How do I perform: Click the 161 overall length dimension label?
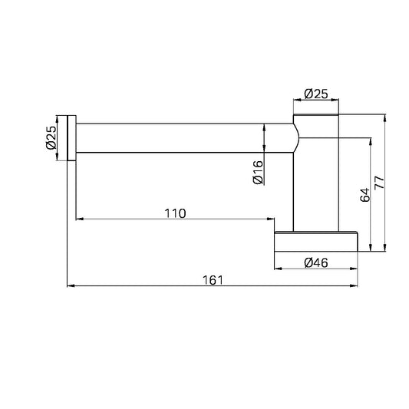pyautogui.click(x=213, y=280)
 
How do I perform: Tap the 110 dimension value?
pyautogui.click(x=175, y=213)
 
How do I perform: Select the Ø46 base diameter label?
pyautogui.click(x=316, y=262)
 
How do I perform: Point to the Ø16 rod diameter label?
pyautogui.click(x=259, y=172)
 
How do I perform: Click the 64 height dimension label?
pyautogui.click(x=365, y=195)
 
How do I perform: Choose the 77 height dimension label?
pyautogui.click(x=379, y=183)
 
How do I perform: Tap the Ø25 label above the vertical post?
pyautogui.click(x=316, y=94)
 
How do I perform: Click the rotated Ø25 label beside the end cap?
pyautogui.click(x=51, y=137)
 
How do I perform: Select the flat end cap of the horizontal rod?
pyautogui.click(x=71, y=138)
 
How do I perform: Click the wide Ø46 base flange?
pyautogui.click(x=316, y=242)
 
